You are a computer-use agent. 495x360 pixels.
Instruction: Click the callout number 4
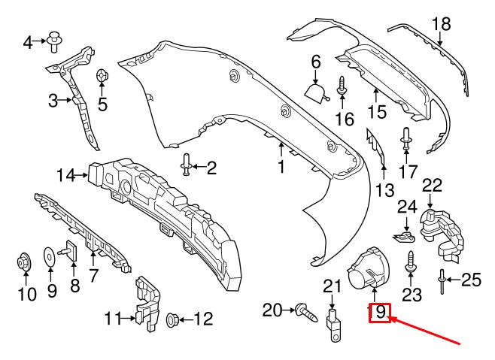(28, 43)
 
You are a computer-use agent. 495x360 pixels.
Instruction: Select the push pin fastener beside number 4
(54, 41)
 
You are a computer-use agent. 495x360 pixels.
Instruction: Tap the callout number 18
(441, 24)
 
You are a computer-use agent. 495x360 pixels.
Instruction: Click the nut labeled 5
(102, 77)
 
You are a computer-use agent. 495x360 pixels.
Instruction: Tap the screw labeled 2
(186, 167)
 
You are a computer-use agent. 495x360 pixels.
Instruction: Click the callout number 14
(65, 176)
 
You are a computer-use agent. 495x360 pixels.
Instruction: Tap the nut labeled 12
(170, 319)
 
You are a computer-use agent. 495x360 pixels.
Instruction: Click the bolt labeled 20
(302, 309)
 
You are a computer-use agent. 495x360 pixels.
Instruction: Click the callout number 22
(431, 186)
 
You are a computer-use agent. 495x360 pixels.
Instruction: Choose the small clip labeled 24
(404, 237)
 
